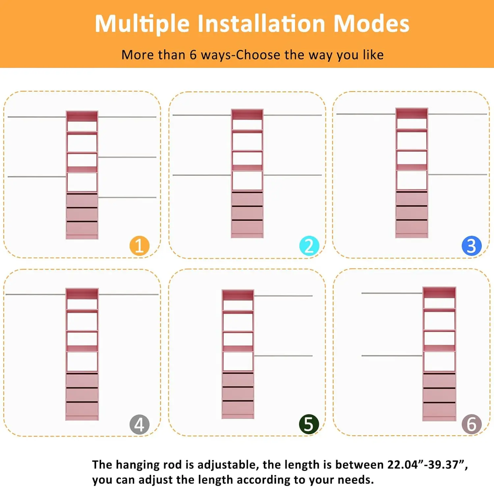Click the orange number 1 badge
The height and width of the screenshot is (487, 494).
139,246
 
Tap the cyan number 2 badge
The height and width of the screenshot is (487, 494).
309,246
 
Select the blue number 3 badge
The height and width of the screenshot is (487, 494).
471,246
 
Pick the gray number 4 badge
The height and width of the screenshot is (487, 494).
139,424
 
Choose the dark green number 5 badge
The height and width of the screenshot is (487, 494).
309,424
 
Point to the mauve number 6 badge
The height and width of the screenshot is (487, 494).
471,424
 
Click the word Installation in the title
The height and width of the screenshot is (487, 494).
261,24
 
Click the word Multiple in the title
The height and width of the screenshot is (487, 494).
142,24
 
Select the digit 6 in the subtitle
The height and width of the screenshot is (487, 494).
193,55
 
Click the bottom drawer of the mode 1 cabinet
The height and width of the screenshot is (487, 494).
82,228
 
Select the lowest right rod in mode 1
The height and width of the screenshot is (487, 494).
127,198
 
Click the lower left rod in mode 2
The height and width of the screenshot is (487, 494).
202,175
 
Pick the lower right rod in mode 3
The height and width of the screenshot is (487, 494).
457,174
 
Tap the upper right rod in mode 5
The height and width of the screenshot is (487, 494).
283,296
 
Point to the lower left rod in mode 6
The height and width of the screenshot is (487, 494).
392,356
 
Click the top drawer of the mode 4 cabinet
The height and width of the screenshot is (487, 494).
82,380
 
